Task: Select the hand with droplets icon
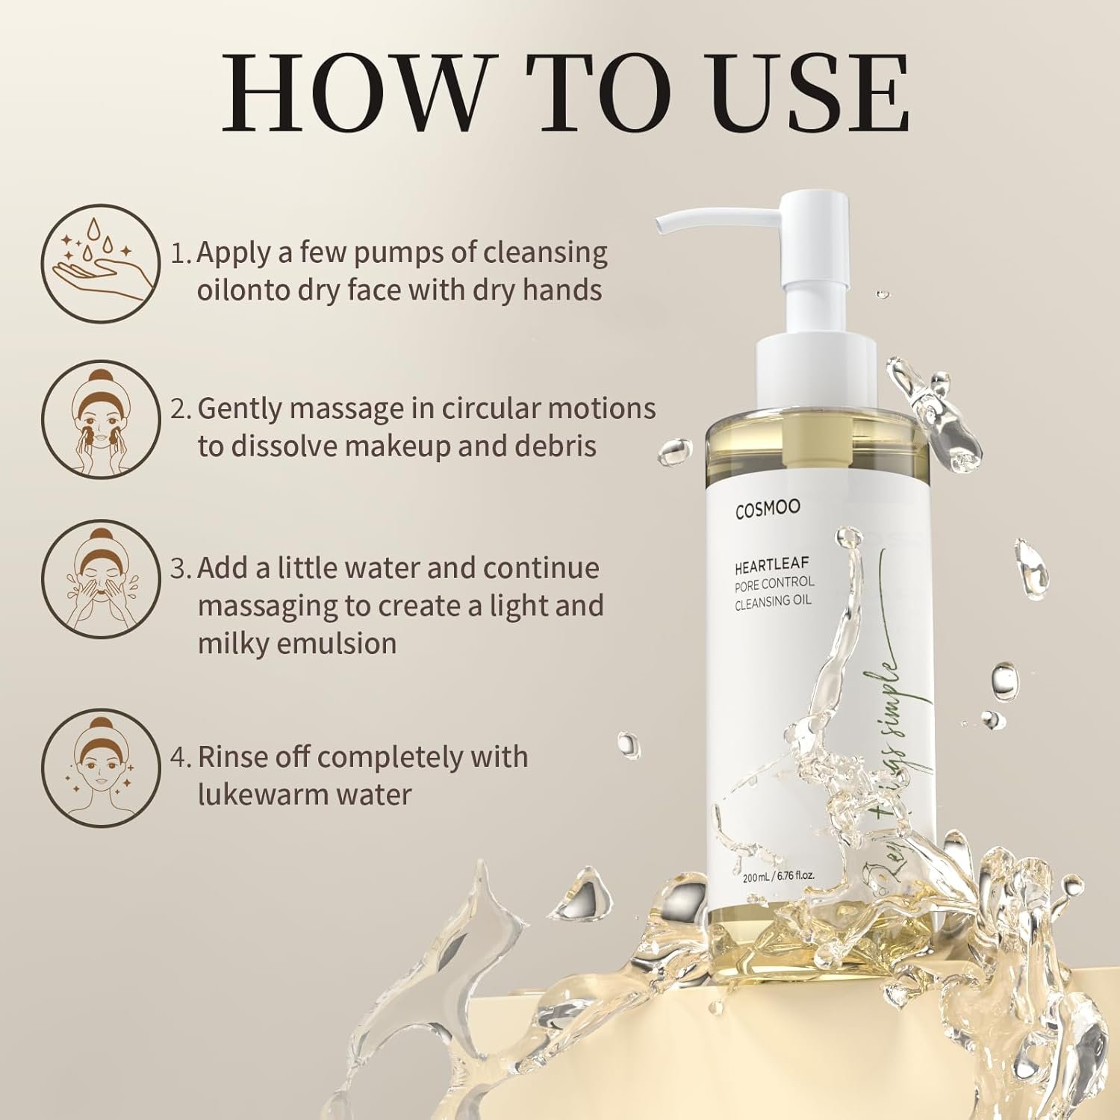tap(100, 264)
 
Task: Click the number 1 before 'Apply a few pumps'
tap(178, 254)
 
